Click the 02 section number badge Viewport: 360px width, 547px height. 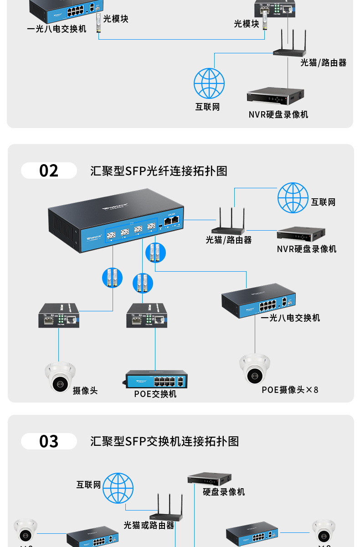coord(49,170)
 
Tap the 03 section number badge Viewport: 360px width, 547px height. coord(49,441)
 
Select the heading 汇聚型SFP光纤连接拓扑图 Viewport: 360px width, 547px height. coord(159,171)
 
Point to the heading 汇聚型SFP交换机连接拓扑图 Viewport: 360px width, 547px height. coord(165,441)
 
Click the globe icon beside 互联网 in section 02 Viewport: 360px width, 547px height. coord(293,198)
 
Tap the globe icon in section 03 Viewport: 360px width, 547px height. coord(118,488)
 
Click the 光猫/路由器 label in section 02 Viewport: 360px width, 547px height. coord(228,240)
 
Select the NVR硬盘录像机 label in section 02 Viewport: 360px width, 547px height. coord(307,249)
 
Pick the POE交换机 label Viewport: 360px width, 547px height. coord(155,394)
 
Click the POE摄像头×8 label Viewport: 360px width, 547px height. coord(290,390)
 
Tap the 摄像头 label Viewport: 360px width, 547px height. coord(85,391)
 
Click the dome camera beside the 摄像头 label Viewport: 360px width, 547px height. coord(60,377)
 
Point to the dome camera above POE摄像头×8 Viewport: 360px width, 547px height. coord(255,369)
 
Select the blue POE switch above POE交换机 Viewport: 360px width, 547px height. coord(157,379)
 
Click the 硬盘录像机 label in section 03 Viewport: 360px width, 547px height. coord(224,492)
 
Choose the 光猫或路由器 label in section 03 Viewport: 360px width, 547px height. coord(149,526)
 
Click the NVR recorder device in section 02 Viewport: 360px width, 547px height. coord(301,234)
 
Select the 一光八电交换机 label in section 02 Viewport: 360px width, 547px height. coord(290,318)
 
